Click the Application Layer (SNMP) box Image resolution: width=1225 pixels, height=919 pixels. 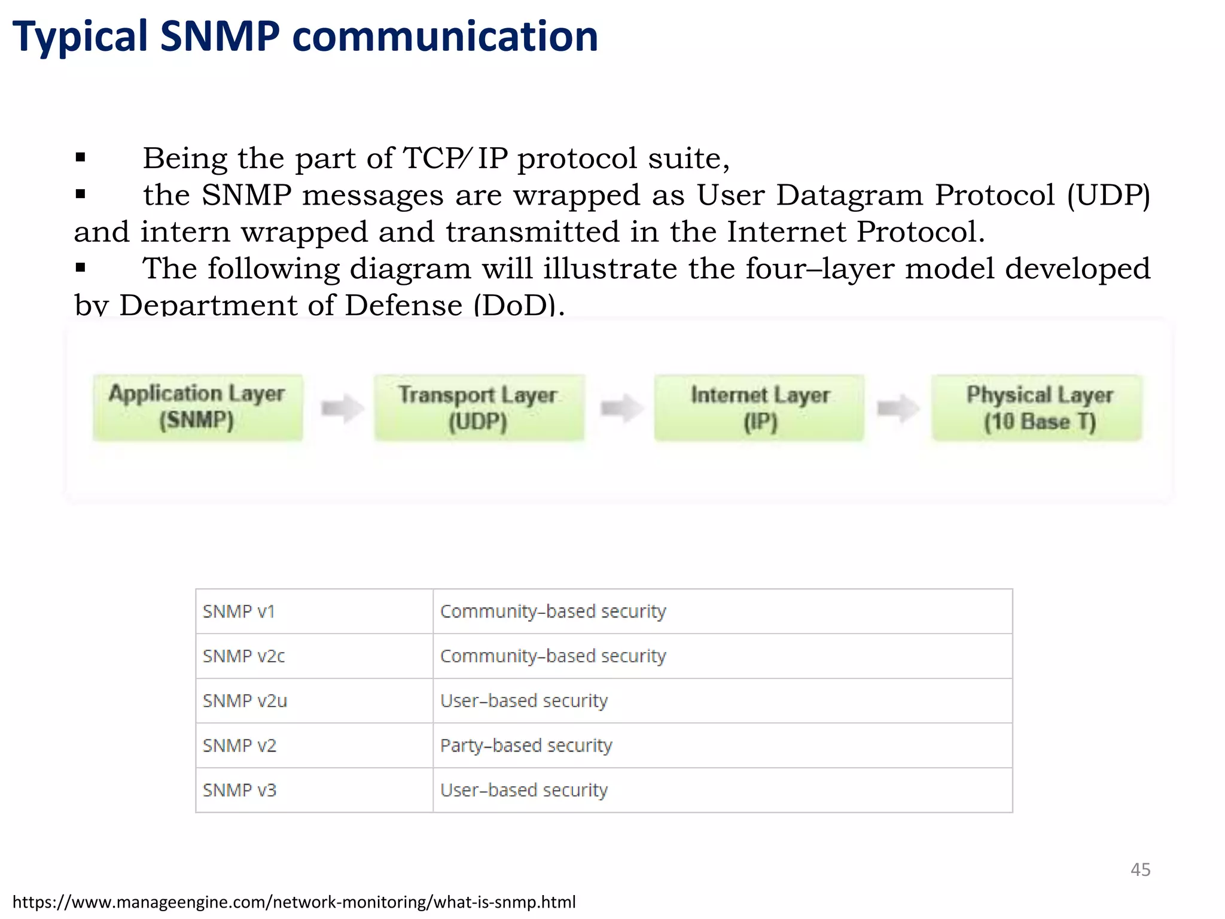pyautogui.click(x=197, y=408)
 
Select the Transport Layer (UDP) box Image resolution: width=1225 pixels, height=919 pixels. pyautogui.click(x=479, y=408)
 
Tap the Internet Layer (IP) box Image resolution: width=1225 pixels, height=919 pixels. pyautogui.click(x=759, y=408)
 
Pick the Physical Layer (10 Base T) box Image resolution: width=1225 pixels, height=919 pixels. pyautogui.click(x=1037, y=408)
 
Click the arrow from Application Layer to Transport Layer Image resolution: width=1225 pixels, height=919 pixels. pyautogui.click(x=342, y=409)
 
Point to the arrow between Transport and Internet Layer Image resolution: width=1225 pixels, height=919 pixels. pyautogui.click(x=622, y=409)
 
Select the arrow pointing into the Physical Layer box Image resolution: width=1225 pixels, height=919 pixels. pyautogui.click(x=898, y=409)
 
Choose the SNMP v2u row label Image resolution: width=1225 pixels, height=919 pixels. pyautogui.click(x=245, y=701)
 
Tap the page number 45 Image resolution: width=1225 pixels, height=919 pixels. pyautogui.click(x=1140, y=869)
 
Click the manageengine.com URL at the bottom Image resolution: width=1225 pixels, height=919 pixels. pyautogui.click(x=294, y=902)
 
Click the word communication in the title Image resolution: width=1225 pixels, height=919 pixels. pyautogui.click(x=445, y=37)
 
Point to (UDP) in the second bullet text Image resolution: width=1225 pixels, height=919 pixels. pyautogui.click(x=1108, y=196)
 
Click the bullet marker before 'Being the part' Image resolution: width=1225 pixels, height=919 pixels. pyautogui.click(x=81, y=159)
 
